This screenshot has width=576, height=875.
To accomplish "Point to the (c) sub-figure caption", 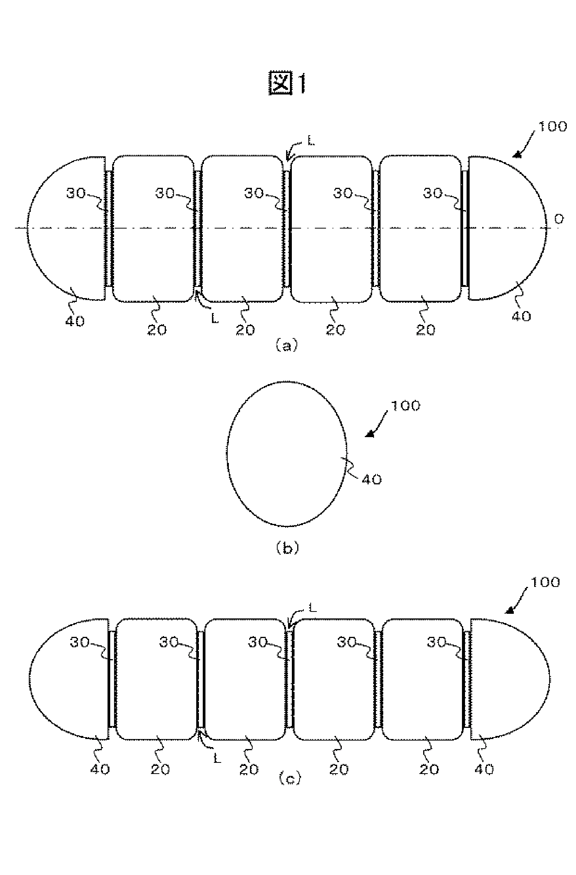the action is tap(290, 779).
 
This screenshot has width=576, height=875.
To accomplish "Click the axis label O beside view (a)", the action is tap(559, 219).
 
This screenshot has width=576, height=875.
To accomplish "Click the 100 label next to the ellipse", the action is tap(406, 406).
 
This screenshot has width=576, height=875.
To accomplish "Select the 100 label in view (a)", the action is tap(552, 126).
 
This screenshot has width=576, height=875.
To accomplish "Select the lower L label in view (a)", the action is tap(215, 318).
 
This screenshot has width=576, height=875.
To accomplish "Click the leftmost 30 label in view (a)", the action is tap(76, 193).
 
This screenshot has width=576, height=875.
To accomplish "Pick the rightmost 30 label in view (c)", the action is tap(437, 641).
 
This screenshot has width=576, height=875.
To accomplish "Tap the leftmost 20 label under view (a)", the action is tap(157, 330).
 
